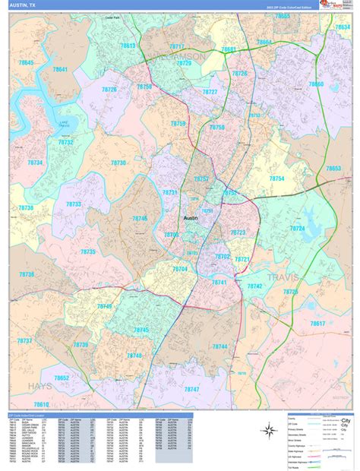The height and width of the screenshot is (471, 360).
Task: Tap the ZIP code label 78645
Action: click(27, 62)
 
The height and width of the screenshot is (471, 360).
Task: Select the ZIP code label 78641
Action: click(59, 70)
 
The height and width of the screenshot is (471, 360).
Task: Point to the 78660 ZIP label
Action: click(315, 84)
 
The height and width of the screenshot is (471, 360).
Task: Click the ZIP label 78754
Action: click(276, 179)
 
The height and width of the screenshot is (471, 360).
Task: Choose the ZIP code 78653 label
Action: click(333, 169)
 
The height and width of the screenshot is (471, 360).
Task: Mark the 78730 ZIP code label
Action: click(118, 163)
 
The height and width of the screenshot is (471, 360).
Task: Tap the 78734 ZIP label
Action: click(36, 163)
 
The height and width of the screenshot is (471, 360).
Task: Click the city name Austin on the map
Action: click(191, 218)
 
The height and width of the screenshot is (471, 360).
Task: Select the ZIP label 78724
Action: click(296, 228)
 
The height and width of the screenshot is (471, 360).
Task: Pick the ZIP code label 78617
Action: click(317, 324)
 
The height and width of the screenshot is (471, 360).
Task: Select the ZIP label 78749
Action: click(103, 306)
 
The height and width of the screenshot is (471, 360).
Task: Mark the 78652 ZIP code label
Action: click(62, 378)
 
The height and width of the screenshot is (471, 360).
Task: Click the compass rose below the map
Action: click(267, 431)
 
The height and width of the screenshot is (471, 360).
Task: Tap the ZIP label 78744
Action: click(219, 346)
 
